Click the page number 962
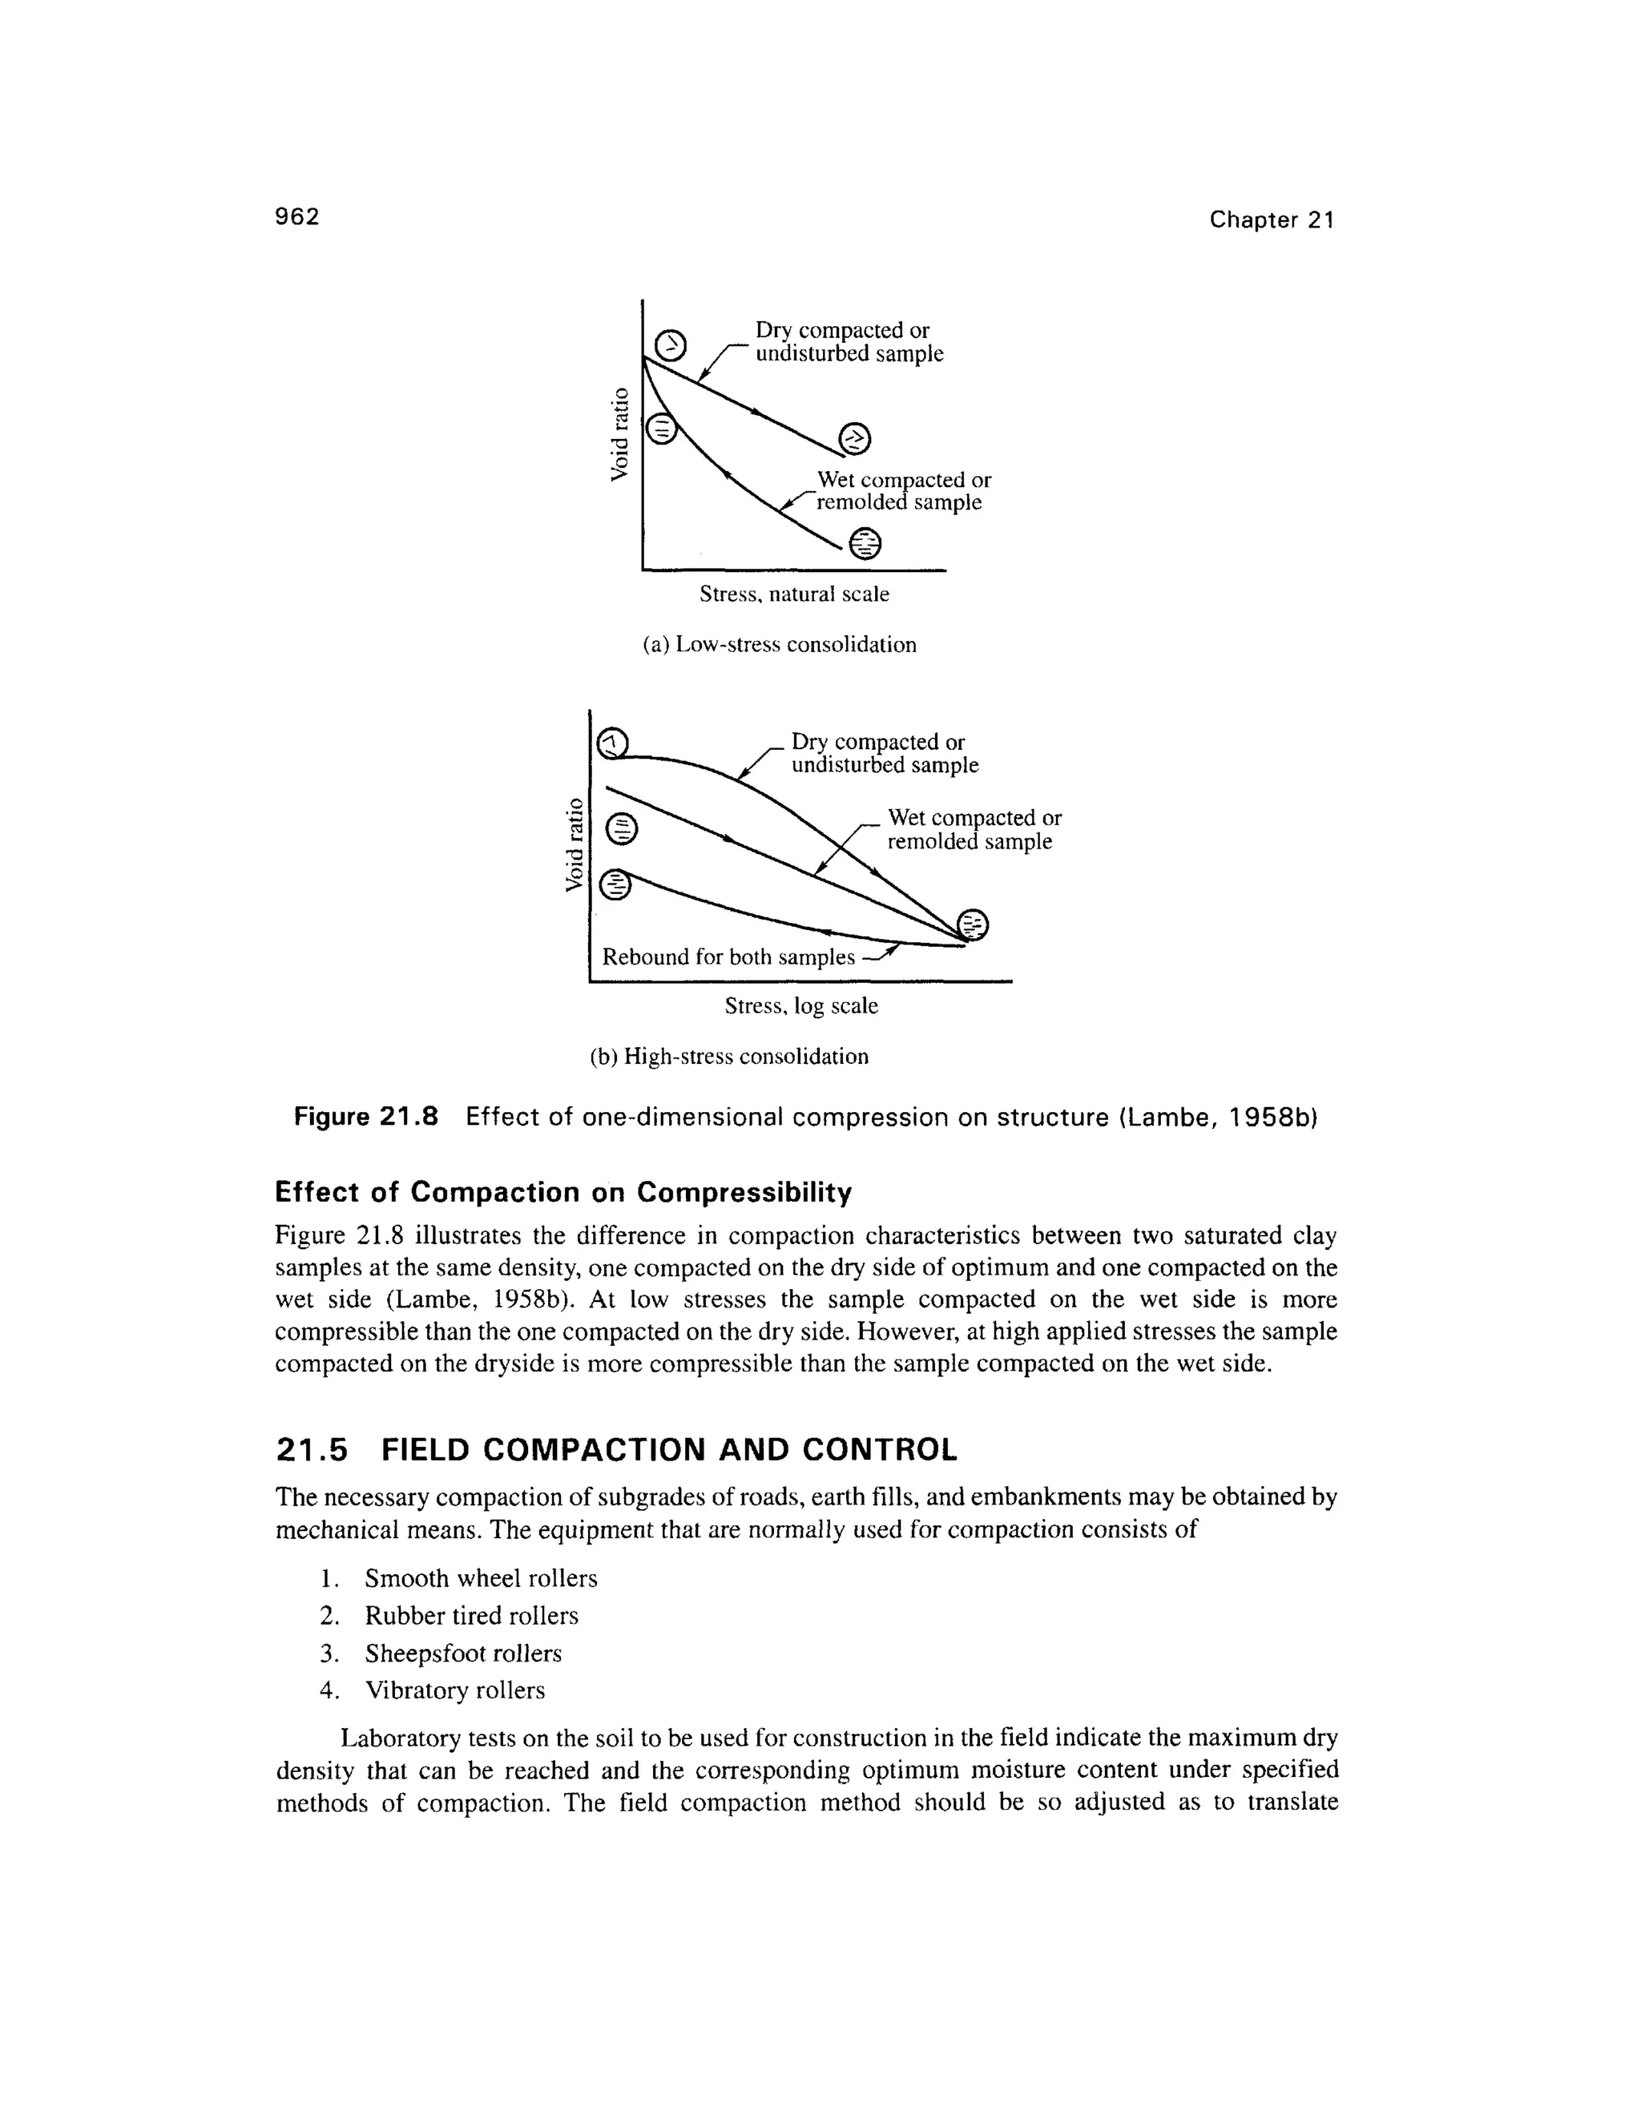click(x=296, y=217)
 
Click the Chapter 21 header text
click(x=1272, y=220)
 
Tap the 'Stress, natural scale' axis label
click(x=793, y=594)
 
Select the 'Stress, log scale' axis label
click(x=801, y=1006)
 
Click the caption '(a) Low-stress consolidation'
click(x=780, y=644)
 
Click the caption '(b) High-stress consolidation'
click(x=729, y=1057)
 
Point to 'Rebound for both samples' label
click(x=728, y=957)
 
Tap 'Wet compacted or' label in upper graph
click(x=903, y=480)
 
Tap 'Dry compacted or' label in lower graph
click(x=878, y=743)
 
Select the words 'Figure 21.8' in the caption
click(x=366, y=1117)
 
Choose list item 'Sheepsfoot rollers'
click(x=463, y=1654)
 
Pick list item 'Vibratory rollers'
click(x=454, y=1690)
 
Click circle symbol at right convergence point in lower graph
click(x=972, y=925)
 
